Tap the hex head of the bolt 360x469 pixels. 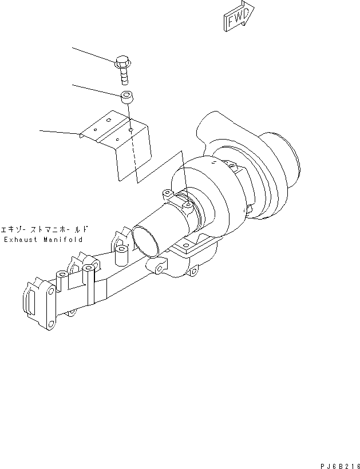point(122,60)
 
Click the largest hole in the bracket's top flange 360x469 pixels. point(130,129)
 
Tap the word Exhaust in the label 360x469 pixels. point(21,240)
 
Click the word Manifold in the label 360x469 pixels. point(62,240)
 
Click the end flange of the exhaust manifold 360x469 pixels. point(37,300)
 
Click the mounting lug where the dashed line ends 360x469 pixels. point(188,204)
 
